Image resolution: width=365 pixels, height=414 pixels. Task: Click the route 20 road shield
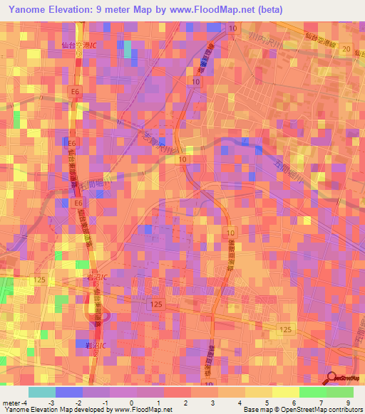[x=346, y=48]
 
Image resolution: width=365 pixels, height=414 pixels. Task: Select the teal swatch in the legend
[x=42, y=392]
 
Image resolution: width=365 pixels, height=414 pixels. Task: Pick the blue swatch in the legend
[x=69, y=392]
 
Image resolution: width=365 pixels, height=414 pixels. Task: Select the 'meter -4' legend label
[x=15, y=403]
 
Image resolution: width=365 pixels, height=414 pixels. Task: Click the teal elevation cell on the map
[x=128, y=48]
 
